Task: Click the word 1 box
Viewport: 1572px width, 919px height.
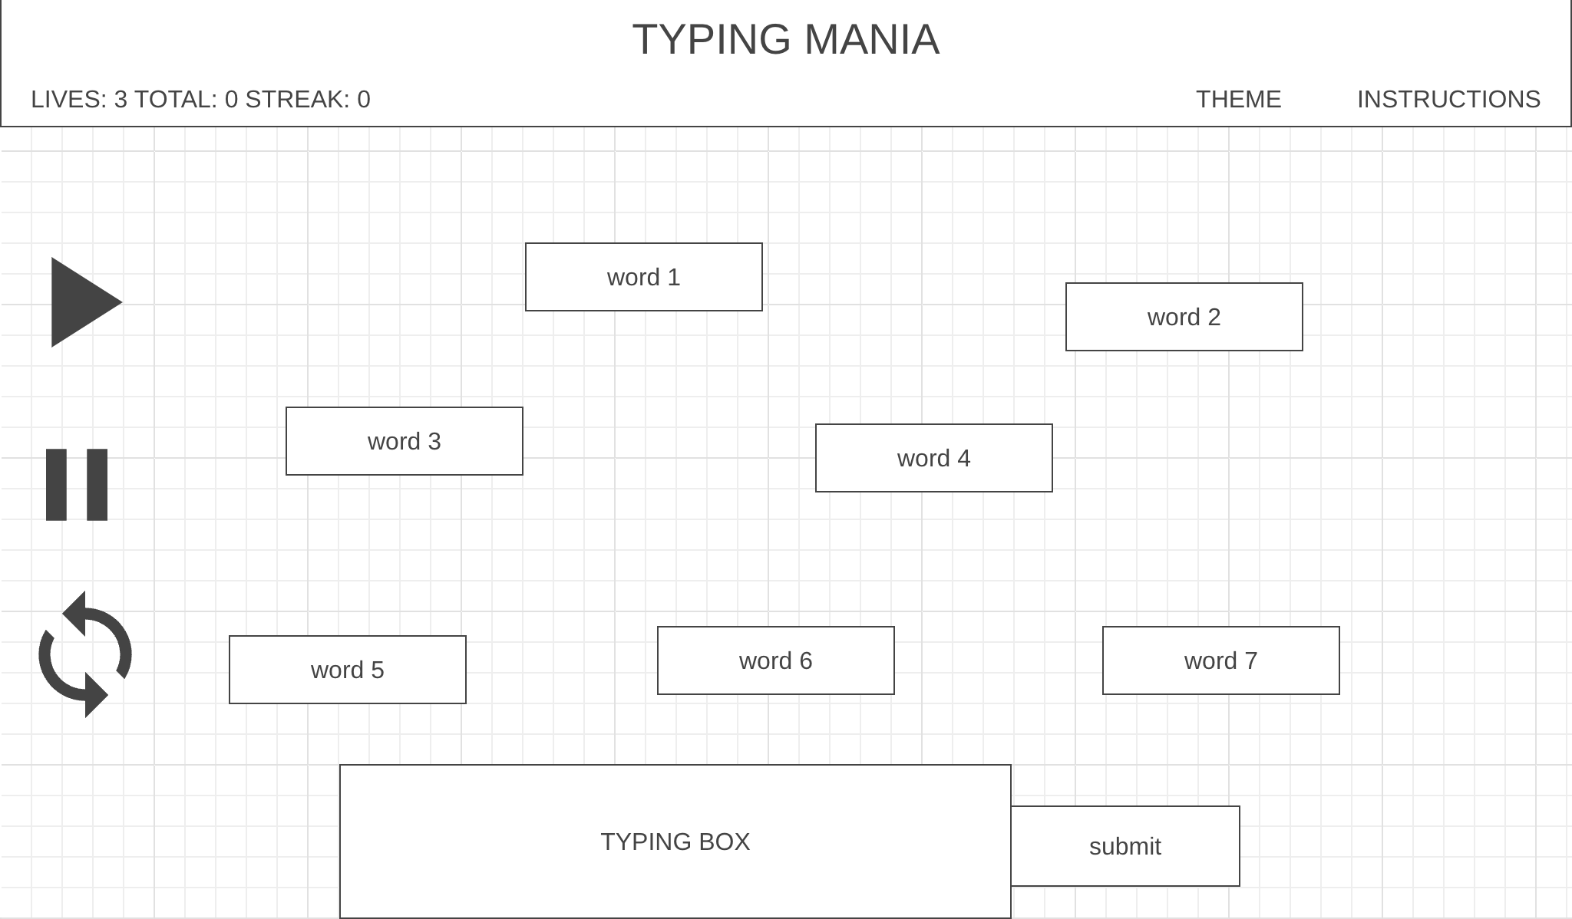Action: pos(643,277)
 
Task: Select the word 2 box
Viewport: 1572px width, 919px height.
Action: pos(1184,317)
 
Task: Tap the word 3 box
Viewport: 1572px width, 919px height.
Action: pos(404,441)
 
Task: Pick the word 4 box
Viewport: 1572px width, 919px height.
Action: pos(933,458)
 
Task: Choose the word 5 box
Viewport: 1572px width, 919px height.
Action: pos(347,670)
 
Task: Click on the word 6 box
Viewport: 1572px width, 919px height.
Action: pos(775,660)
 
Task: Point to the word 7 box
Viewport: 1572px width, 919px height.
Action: pos(1220,660)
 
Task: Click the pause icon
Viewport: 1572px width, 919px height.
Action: pos(77,485)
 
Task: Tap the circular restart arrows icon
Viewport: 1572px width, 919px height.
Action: pos(84,654)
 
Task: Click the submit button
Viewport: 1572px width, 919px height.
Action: pos(1125,846)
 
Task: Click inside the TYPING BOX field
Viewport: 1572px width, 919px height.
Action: pos(675,842)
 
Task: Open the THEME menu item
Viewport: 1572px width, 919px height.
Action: pos(1238,100)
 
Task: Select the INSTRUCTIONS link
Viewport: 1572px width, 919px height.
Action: pos(1448,100)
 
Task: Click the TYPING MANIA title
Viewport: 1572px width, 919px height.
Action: pos(785,39)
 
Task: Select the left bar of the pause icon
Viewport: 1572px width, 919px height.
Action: pos(56,485)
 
